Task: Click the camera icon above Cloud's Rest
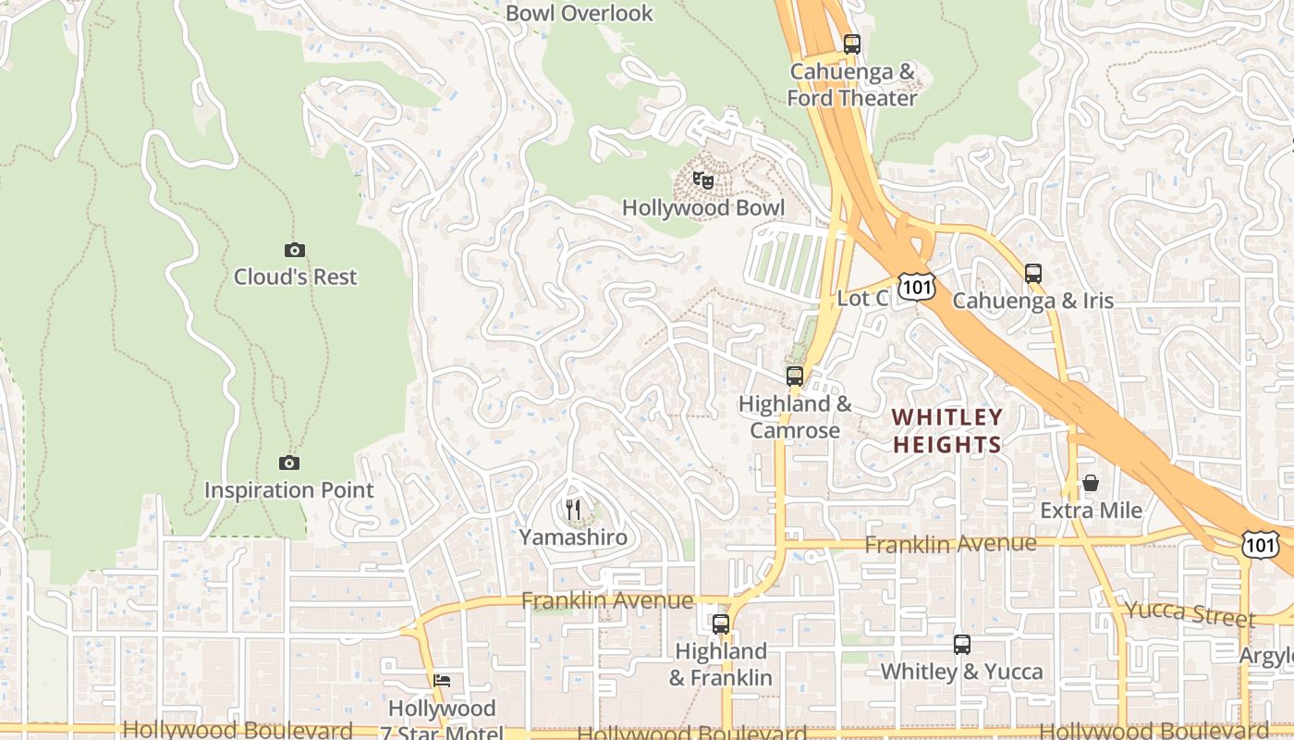tap(295, 250)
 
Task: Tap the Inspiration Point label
tap(288, 490)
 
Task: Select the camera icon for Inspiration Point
tap(288, 462)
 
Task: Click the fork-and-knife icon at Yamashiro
tap(573, 509)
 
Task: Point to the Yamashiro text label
tap(573, 537)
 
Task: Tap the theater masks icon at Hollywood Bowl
tap(703, 180)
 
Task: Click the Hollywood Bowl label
tap(703, 208)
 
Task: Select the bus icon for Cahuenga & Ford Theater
tap(852, 43)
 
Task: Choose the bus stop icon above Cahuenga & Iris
tap(1033, 273)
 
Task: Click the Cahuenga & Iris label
tap(1033, 301)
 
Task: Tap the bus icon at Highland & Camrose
tap(795, 376)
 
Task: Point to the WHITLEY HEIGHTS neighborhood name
tap(947, 431)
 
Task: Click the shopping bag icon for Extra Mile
tap(1091, 483)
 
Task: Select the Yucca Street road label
tap(1190, 613)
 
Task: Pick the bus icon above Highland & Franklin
tap(721, 624)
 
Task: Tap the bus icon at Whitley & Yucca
tap(962, 644)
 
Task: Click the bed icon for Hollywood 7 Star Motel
tap(442, 681)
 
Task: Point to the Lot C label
tap(862, 298)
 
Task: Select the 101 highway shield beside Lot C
tap(917, 288)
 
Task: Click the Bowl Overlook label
tap(580, 13)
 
